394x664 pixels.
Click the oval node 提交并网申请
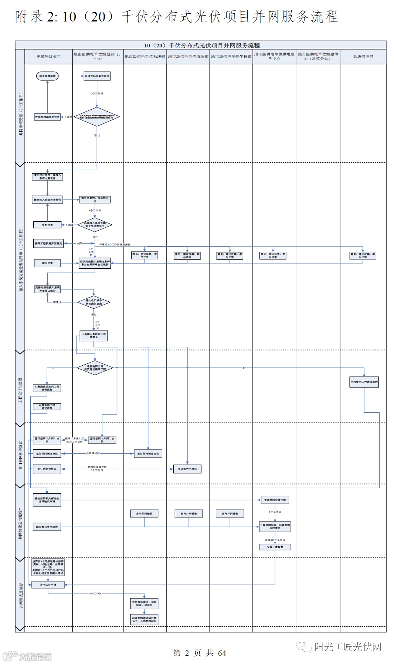point(47,76)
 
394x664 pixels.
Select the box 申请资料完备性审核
point(97,76)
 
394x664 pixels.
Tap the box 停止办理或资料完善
point(47,117)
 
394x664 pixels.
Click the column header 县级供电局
point(363,57)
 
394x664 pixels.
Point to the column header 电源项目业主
point(48,57)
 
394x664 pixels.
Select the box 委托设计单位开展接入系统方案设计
point(47,177)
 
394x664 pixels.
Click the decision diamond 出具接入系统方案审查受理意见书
point(95,225)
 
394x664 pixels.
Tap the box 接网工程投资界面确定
point(48,243)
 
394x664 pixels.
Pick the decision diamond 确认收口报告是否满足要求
point(94,302)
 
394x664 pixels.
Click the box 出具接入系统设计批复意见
point(94,336)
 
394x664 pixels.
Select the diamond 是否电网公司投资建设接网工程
point(95,368)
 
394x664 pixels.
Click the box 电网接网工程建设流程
point(364,382)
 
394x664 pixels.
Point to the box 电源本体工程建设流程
point(47,406)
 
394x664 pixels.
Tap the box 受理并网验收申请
point(275,500)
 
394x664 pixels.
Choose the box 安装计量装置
point(275,547)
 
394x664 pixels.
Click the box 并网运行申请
point(48,585)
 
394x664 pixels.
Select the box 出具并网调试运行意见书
point(144,620)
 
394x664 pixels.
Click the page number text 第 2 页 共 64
point(199,653)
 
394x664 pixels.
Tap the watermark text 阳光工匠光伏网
point(347,647)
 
